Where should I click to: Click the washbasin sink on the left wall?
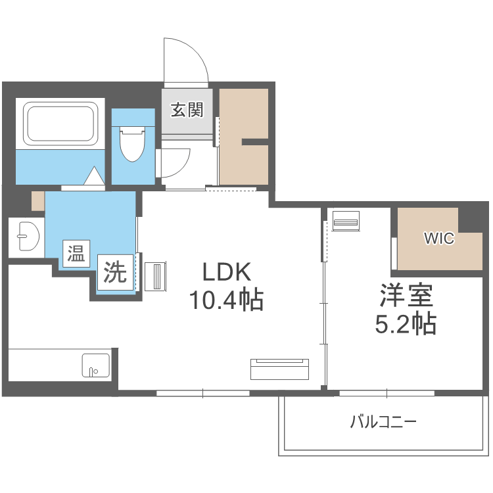pyautogui.click(x=26, y=237)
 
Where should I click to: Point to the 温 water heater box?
pyautogui.click(x=74, y=254)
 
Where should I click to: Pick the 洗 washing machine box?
pyautogui.click(x=116, y=272)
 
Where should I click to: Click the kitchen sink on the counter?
pyautogui.click(x=96, y=365)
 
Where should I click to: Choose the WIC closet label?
pyautogui.click(x=438, y=239)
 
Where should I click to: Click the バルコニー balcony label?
pyautogui.click(x=383, y=421)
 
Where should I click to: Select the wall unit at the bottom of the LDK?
pyautogui.click(x=279, y=369)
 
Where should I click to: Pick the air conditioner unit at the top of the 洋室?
pyautogui.click(x=346, y=221)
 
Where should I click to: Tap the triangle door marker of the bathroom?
pyautogui.click(x=95, y=177)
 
